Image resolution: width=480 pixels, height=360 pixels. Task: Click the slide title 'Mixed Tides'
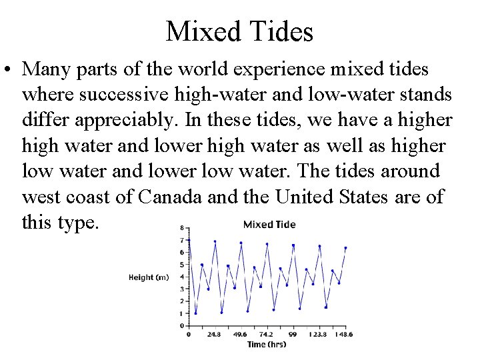coord(239,31)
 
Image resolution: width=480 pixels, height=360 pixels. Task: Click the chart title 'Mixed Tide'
coord(269,225)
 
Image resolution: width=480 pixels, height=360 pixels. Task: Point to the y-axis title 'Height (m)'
coord(149,277)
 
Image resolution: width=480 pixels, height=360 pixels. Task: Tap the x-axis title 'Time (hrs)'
coord(267,344)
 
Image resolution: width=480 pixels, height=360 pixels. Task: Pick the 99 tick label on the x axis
coord(293,334)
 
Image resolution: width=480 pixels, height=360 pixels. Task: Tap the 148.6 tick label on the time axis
coord(345,334)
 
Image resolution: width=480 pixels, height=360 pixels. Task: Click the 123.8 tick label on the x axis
coord(319,334)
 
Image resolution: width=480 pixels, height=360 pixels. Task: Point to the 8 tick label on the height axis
coord(182,229)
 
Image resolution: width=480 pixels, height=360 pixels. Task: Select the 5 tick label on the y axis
coord(182,265)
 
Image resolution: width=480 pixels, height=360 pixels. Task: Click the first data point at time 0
coord(189,240)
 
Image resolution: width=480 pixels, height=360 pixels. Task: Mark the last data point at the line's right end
coord(345,247)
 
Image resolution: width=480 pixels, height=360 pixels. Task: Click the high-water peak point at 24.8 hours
coord(215,241)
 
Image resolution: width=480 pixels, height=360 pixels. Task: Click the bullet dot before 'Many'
coord(10,69)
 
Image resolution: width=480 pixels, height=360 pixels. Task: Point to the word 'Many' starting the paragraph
coord(46,69)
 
